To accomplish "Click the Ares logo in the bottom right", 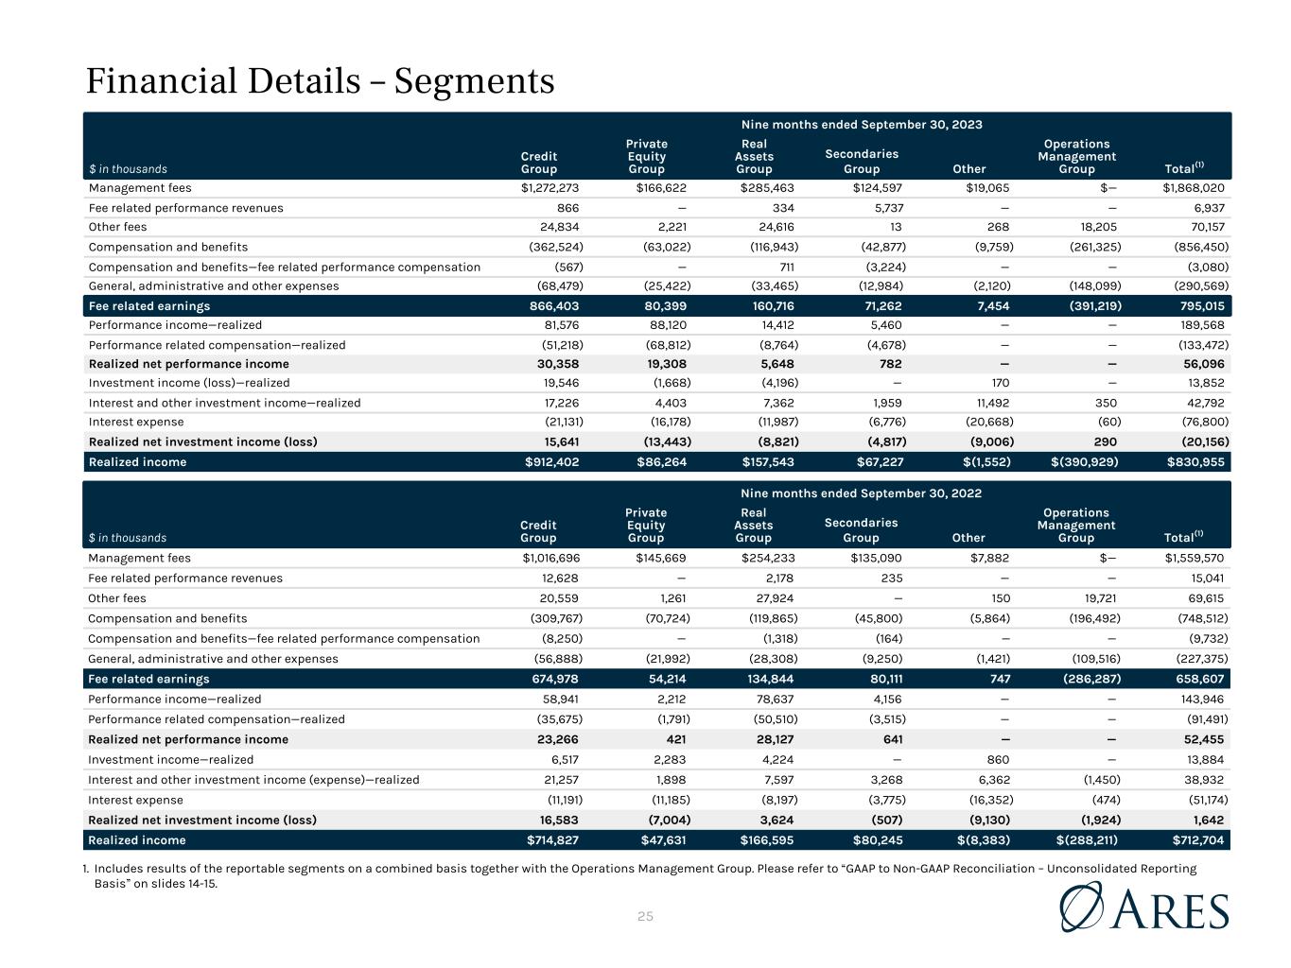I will (1145, 907).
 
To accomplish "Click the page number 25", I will (646, 916).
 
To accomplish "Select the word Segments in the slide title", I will (474, 81).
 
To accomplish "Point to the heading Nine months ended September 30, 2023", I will (861, 125).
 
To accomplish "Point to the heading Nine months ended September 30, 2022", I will (861, 493).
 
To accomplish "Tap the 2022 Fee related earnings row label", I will (148, 679).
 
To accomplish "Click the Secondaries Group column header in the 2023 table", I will (862, 162).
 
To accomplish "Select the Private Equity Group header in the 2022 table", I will (646, 526).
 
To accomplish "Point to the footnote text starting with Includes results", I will (643, 875).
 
